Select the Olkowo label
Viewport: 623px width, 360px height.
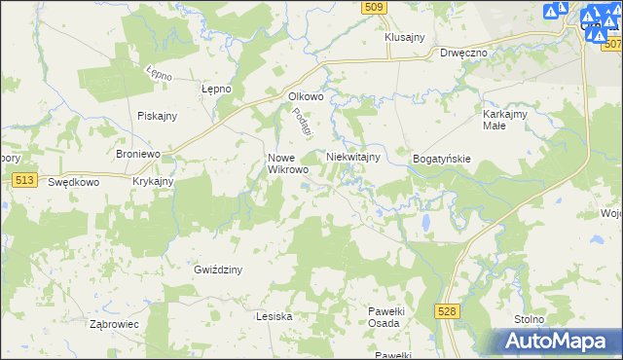click(x=306, y=96)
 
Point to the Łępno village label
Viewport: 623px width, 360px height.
click(x=216, y=89)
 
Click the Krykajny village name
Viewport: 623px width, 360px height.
click(x=153, y=182)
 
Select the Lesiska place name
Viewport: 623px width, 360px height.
click(x=274, y=316)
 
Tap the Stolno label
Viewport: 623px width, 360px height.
click(x=530, y=319)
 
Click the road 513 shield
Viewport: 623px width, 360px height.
click(x=25, y=180)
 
